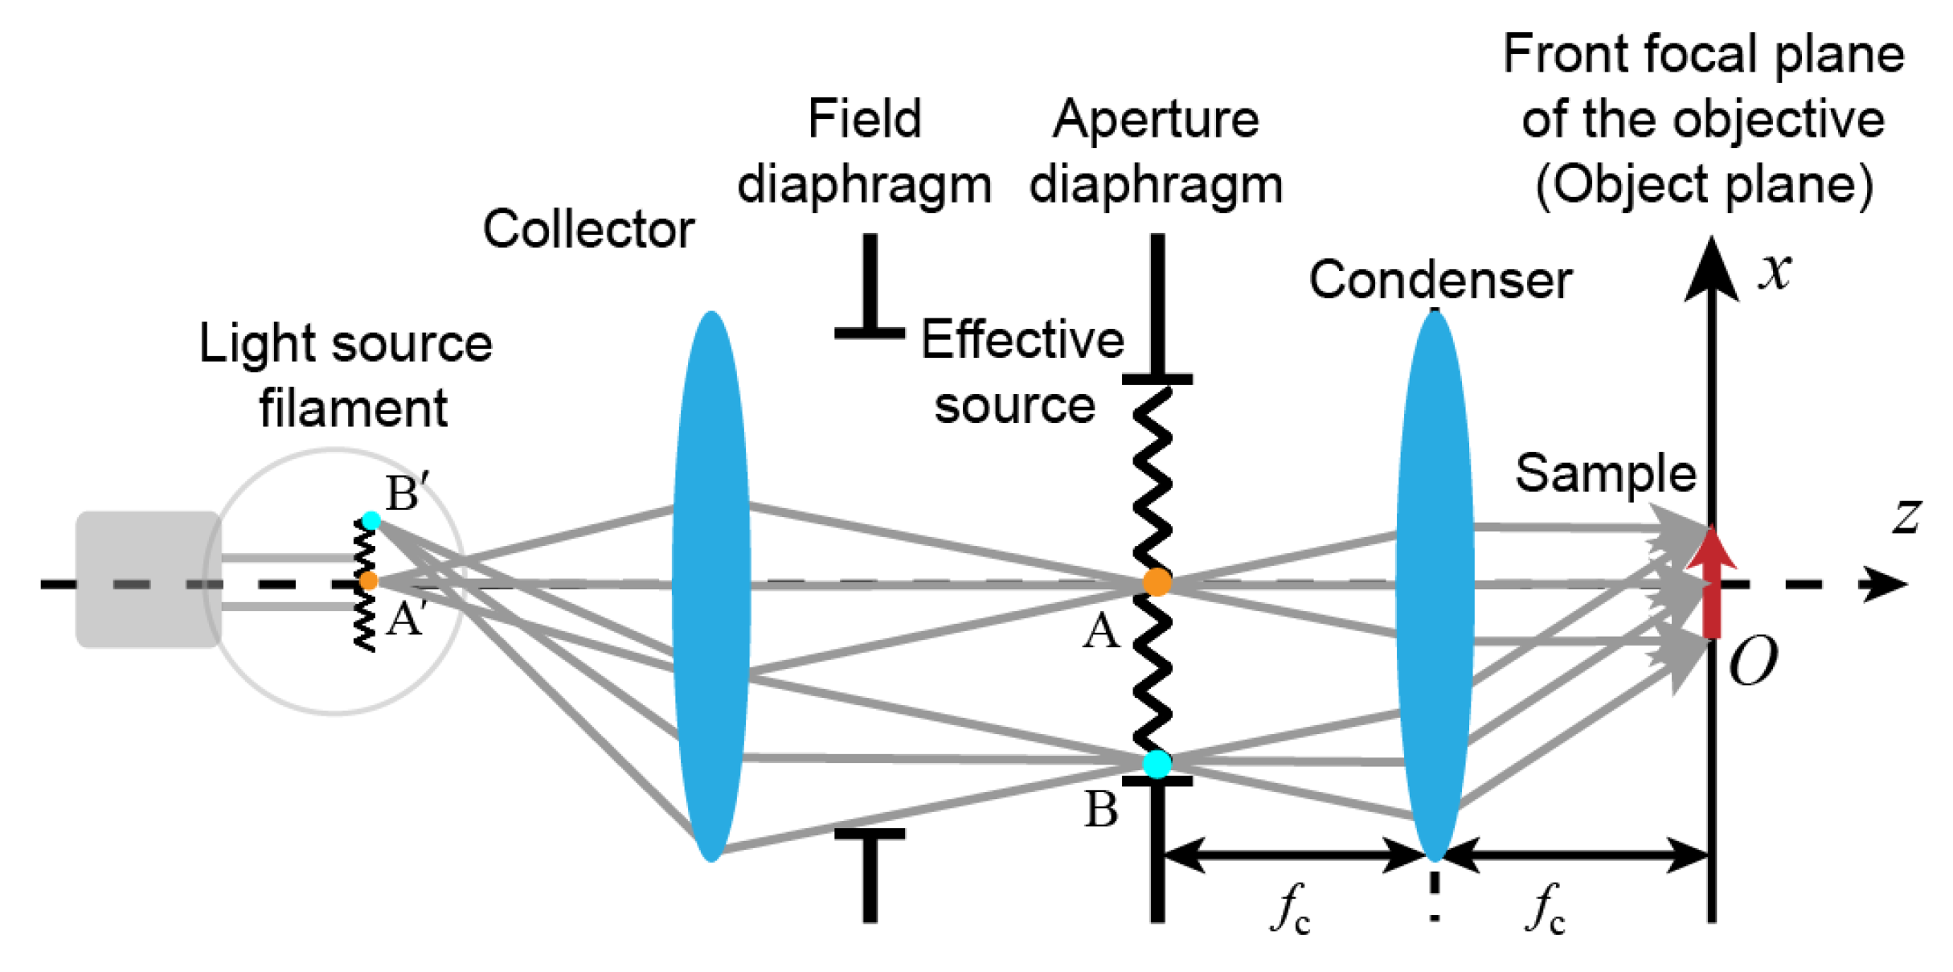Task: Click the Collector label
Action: pyautogui.click(x=588, y=229)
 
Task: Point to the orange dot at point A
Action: pyautogui.click(x=1157, y=581)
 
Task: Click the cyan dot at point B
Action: pyautogui.click(x=1157, y=763)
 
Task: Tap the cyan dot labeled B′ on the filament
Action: pyautogui.click(x=371, y=520)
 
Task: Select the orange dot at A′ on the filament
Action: pyautogui.click(x=368, y=580)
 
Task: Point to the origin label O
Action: pyautogui.click(x=1753, y=661)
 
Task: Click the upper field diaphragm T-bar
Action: pyautogui.click(x=870, y=289)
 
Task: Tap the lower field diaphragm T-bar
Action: pyautogui.click(x=870, y=872)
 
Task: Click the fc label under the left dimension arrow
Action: pyautogui.click(x=1290, y=908)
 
